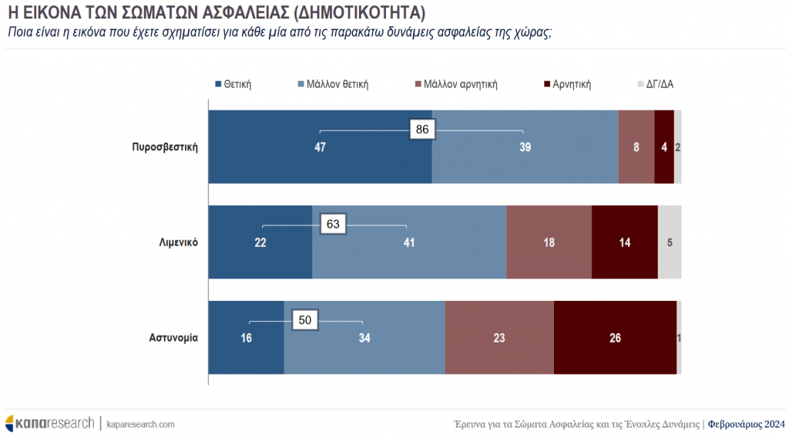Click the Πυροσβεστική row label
(166, 147)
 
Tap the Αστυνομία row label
(173, 337)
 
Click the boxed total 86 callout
(422, 130)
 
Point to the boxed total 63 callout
(334, 225)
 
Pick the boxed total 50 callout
(305, 319)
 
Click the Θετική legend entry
(234, 84)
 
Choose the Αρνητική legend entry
(567, 84)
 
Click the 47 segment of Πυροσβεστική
(321, 147)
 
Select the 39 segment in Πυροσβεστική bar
(525, 147)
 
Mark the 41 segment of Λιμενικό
(409, 242)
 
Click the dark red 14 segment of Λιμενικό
(625, 242)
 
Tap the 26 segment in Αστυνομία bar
(615, 337)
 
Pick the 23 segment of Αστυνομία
(499, 337)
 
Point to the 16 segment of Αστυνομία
(247, 337)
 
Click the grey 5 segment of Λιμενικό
(670, 242)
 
